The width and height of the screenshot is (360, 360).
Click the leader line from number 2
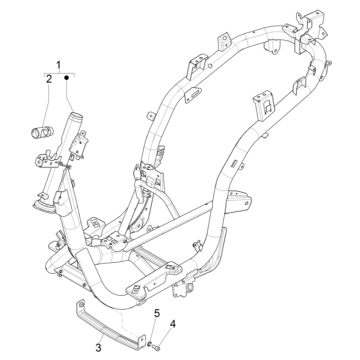click(x=48, y=100)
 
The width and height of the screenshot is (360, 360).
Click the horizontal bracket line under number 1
click(x=57, y=71)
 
